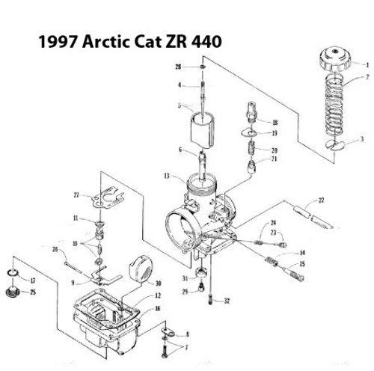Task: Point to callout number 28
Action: (x=178, y=68)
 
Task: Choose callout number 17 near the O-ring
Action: (x=32, y=280)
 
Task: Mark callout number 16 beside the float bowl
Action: (x=157, y=307)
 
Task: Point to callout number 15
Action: (x=302, y=264)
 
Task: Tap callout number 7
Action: (x=187, y=349)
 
